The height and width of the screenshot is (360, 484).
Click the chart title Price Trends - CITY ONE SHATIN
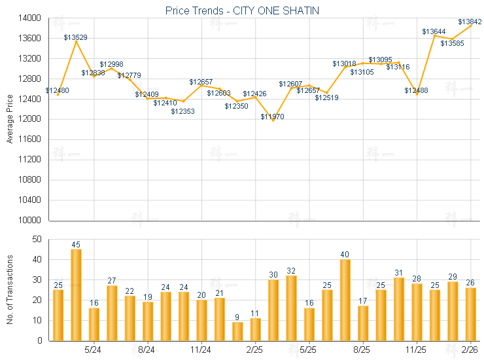[241, 10]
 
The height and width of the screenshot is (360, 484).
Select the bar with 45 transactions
[76, 295]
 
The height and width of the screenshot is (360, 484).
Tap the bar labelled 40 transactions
[345, 300]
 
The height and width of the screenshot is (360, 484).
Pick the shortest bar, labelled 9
[237, 331]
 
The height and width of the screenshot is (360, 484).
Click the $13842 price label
[470, 22]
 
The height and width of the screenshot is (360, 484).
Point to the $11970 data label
[273, 117]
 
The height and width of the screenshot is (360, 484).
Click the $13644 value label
[434, 31]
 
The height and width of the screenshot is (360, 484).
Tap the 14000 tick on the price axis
[31, 18]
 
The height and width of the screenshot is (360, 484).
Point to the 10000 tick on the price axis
[31, 220]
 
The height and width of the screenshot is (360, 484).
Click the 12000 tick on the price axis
[31, 119]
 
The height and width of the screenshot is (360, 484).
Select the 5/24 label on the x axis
[94, 350]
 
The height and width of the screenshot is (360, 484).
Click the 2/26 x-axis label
[470, 350]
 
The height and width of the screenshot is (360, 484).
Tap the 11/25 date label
[417, 350]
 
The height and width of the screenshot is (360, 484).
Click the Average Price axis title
[10, 119]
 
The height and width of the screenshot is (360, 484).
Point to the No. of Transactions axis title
[10, 290]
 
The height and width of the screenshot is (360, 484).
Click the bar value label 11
[255, 314]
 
